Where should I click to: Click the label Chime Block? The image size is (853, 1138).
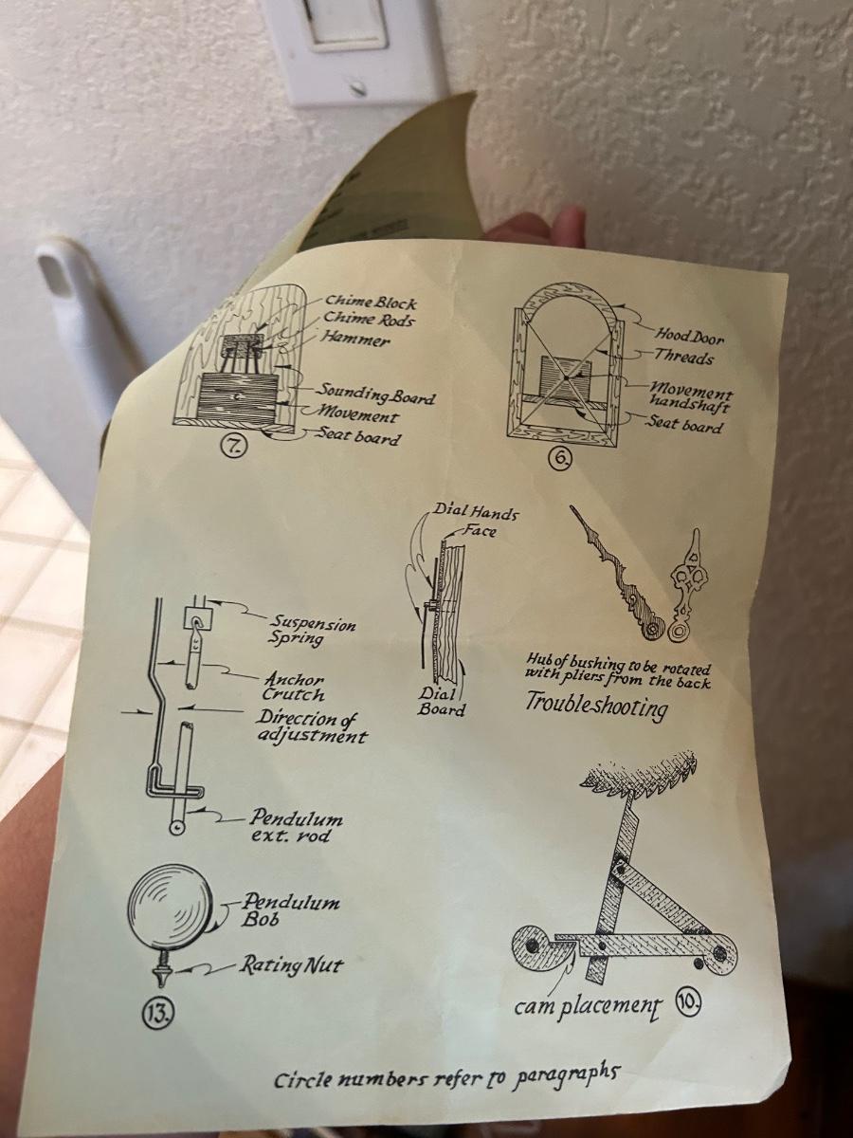pyautogui.click(x=371, y=302)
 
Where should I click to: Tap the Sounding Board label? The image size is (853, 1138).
pyautogui.click(x=375, y=394)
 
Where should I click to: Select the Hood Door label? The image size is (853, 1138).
pyautogui.click(x=690, y=336)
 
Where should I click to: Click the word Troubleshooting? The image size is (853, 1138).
pyautogui.click(x=596, y=707)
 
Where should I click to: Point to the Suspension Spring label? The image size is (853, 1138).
pyautogui.click(x=313, y=630)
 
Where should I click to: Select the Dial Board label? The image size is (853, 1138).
pyautogui.click(x=440, y=702)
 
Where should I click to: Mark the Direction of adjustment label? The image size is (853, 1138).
pyautogui.click(x=311, y=726)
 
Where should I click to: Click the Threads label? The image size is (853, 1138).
pyautogui.click(x=682, y=357)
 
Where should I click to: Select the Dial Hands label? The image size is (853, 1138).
pyautogui.click(x=475, y=513)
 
